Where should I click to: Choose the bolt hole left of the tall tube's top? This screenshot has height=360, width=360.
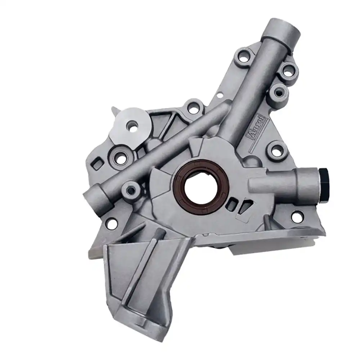[x=244, y=57]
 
